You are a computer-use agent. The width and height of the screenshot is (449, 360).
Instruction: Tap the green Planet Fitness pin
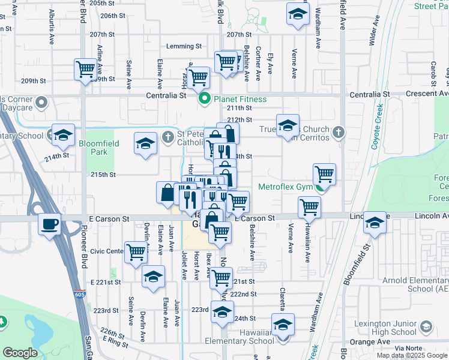pyautogui.click(x=205, y=99)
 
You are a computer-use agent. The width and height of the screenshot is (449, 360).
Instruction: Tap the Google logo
pyautogui.click(x=20, y=353)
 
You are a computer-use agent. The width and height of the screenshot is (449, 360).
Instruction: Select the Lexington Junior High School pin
pyautogui.click(x=426, y=327)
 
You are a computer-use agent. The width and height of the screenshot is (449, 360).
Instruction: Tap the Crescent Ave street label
pyautogui.click(x=427, y=94)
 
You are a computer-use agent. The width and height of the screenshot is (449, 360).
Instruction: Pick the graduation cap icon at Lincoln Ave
pyautogui.click(x=375, y=223)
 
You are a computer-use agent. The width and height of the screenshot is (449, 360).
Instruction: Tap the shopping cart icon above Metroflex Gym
pyautogui.click(x=324, y=174)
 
